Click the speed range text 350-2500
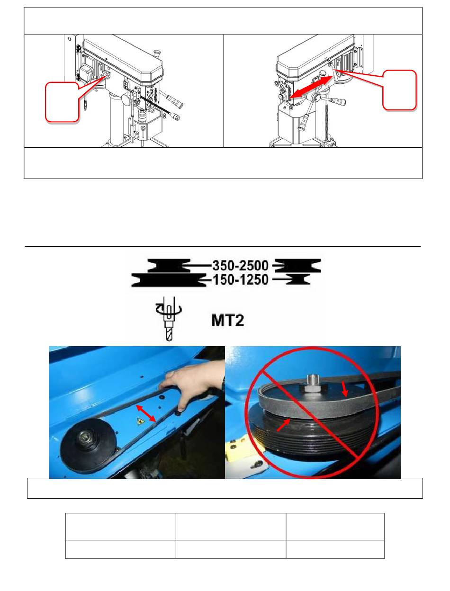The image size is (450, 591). pos(240,266)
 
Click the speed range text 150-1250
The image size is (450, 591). pos(240,279)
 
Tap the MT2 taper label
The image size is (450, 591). pos(227,321)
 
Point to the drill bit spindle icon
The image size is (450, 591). pos(169,319)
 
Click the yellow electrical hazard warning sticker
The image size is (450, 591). pos(141,421)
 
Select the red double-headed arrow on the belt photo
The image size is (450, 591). pos(146,413)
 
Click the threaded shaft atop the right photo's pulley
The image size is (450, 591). pos(312,383)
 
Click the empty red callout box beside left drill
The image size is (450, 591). pos(62,102)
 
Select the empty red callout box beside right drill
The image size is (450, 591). pos(399,90)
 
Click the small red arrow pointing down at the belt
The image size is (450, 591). pos(344,389)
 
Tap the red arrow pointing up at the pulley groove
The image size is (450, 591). pos(284,426)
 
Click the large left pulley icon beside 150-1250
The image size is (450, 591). pos(169,280)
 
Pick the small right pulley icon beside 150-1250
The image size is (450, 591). pos(298,279)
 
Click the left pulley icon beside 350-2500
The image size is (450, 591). pos(169,266)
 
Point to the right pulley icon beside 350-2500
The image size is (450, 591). pos(297,266)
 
